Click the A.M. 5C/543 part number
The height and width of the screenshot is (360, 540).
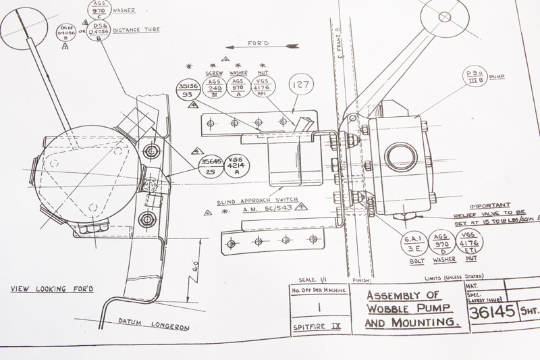[x=267, y=210]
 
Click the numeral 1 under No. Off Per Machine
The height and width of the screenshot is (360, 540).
[x=321, y=306]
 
